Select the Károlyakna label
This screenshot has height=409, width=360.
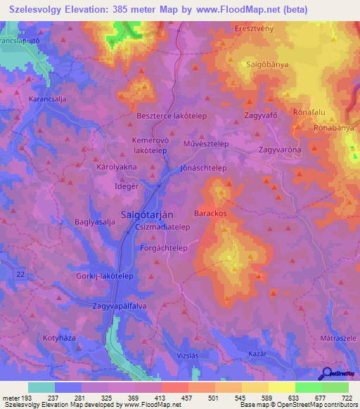(x=117, y=169)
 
